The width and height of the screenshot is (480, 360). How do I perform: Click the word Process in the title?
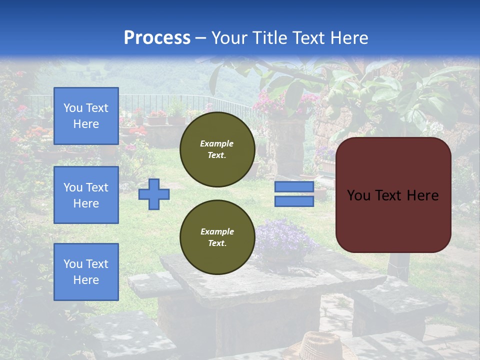pos(157,38)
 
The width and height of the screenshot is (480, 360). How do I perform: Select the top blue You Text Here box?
pos(86,116)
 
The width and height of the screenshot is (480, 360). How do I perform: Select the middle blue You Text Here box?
pos(86,195)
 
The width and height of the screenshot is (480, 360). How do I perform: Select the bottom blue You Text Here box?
pos(86,272)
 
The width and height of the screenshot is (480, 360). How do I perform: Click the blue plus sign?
pos(154,194)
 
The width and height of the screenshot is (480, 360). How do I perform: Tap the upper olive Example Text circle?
pos(217,149)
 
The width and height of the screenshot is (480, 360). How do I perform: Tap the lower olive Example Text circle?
pos(217,237)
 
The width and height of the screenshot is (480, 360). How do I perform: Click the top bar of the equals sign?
pos(294,187)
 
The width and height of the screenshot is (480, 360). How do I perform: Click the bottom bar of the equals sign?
pos(294,201)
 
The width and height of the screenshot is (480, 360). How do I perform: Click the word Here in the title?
pos(348,38)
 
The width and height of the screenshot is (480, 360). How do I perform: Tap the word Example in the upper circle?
pos(217,143)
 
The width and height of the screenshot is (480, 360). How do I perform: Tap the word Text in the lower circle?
pos(217,243)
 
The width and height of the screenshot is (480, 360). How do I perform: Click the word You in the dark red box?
pos(358,195)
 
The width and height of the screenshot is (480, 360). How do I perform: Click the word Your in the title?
pos(228,38)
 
